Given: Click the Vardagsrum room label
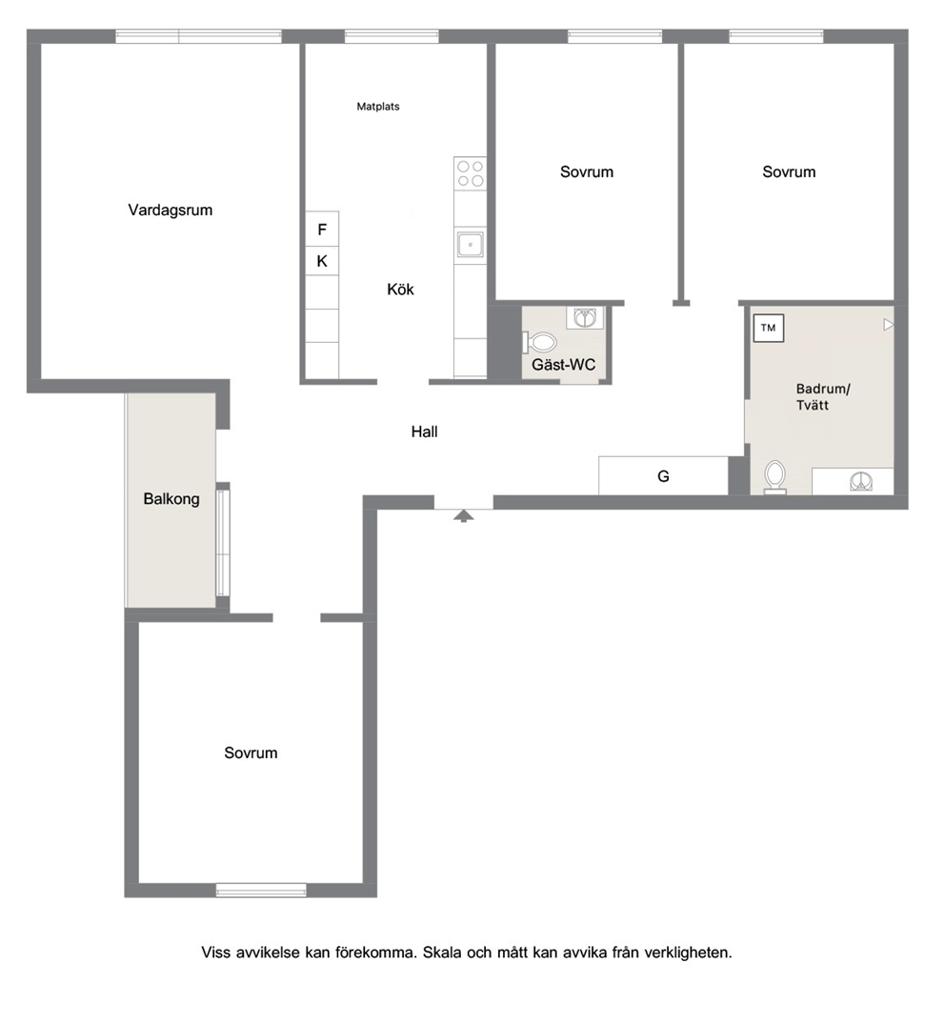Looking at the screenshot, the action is click(171, 211).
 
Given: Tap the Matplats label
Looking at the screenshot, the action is click(378, 107).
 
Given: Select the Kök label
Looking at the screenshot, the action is click(400, 289).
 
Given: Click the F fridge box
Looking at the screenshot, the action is click(322, 229).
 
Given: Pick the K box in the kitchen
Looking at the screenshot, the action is click(322, 261).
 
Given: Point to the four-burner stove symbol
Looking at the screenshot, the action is click(470, 173).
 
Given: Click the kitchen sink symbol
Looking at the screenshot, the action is click(470, 245).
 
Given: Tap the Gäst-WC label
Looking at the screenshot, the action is click(563, 365).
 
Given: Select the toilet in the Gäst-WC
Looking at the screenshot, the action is click(539, 342).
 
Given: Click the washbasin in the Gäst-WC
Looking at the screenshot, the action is click(584, 318).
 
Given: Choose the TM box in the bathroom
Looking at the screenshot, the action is click(768, 329).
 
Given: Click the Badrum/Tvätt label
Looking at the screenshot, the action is click(823, 396).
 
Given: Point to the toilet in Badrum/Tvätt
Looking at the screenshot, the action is click(775, 476).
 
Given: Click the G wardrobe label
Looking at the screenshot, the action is click(663, 476).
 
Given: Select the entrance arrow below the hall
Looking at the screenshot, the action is click(463, 516).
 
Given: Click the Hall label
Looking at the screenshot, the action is click(424, 431).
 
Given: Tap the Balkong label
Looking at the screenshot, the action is click(171, 499).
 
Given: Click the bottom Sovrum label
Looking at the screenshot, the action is click(251, 752).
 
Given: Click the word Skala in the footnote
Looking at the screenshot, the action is click(442, 953).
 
